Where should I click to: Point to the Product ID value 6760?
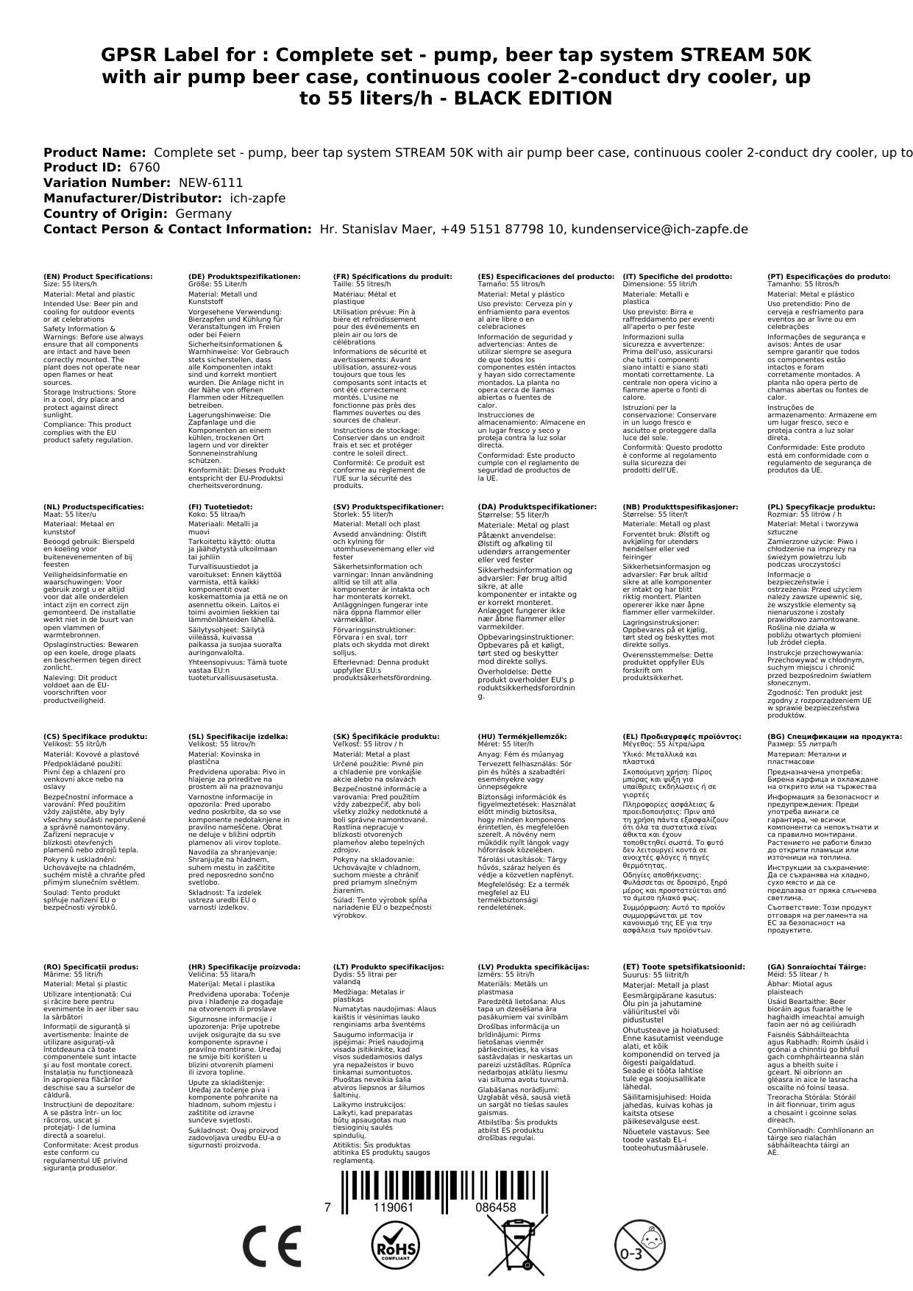click(144, 167)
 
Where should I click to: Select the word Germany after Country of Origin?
click(203, 213)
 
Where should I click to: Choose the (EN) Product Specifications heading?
click(98, 277)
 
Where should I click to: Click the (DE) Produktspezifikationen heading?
click(244, 277)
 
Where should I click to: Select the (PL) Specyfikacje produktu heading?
click(821, 507)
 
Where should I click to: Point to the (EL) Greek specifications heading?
click(682, 737)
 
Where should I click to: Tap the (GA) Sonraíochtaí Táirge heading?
click(806, 966)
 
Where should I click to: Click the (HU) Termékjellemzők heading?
click(522, 737)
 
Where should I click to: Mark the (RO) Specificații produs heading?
click(90, 966)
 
